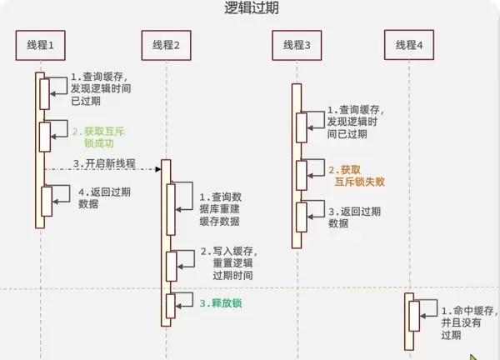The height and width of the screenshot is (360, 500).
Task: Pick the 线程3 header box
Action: (296, 44)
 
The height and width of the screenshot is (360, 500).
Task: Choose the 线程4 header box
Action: (409, 44)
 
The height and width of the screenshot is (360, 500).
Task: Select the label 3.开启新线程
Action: (104, 162)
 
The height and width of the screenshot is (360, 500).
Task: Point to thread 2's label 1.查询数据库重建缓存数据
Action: (220, 209)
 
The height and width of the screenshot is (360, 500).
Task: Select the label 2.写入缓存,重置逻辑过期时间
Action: (228, 262)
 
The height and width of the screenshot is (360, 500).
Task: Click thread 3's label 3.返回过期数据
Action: (355, 217)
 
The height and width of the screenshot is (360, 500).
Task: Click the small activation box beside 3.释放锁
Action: (170, 305)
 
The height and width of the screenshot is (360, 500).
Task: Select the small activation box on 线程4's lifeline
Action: (413, 316)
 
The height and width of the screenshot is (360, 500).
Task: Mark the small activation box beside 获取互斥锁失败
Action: (302, 174)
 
